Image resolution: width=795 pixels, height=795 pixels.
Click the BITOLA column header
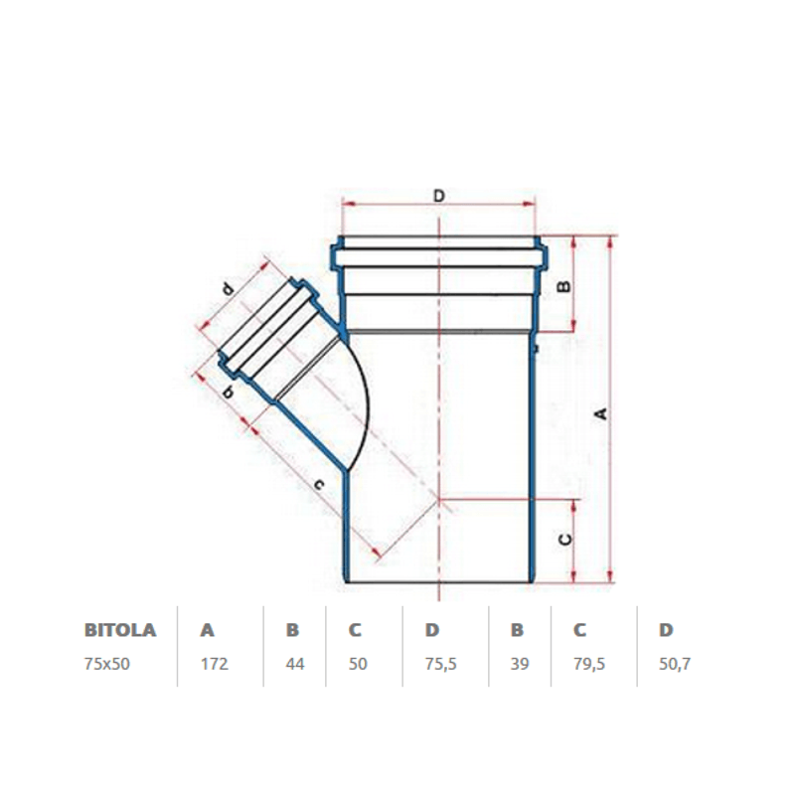pyautogui.click(x=120, y=630)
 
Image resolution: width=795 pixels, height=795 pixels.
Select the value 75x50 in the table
pyautogui.click(x=107, y=664)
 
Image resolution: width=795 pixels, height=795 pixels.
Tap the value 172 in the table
pyautogui.click(x=214, y=664)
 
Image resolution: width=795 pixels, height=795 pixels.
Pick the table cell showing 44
pyautogui.click(x=295, y=664)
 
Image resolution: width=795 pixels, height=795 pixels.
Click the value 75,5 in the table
pyautogui.click(x=440, y=664)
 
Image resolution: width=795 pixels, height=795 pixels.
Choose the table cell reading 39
pyautogui.click(x=520, y=664)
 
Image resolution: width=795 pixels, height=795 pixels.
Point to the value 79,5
pyautogui.click(x=589, y=664)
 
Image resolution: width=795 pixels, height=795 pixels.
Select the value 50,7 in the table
pyautogui.click(x=675, y=664)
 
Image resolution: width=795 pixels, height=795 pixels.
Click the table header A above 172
pyautogui.click(x=208, y=630)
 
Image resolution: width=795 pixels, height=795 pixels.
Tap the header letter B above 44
pyautogui.click(x=292, y=630)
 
